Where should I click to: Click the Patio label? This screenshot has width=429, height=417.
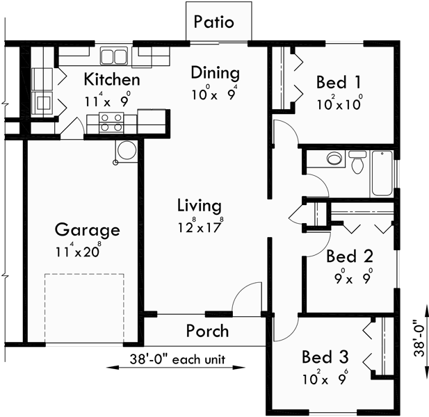[x=213, y=22]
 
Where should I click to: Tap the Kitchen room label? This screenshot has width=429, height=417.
[x=111, y=79]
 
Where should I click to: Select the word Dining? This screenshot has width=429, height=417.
[x=215, y=73]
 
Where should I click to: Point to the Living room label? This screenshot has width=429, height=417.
[x=199, y=206]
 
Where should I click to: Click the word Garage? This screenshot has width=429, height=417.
[x=87, y=230]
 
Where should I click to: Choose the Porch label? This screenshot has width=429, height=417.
[x=207, y=330]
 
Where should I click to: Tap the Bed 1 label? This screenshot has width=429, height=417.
[x=339, y=82]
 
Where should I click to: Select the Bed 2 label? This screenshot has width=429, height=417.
[x=350, y=256]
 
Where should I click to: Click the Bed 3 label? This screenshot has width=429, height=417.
[x=325, y=357]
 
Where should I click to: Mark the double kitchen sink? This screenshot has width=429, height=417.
[x=113, y=56]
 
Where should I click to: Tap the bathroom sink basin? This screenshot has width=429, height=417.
[x=334, y=159]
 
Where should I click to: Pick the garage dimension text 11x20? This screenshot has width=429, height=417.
[x=78, y=250]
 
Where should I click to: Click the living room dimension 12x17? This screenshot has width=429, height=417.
[x=199, y=225]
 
